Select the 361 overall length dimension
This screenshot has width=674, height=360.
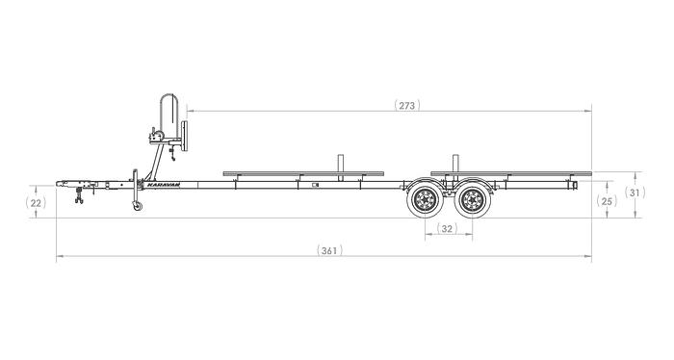[328, 250]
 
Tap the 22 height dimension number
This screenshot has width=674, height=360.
[37, 203]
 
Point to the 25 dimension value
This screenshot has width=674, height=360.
[606, 201]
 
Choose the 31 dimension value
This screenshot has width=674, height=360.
[635, 193]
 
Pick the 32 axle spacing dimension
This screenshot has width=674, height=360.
[447, 228]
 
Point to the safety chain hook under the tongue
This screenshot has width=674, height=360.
[78, 198]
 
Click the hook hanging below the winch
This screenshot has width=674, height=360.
[170, 148]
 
